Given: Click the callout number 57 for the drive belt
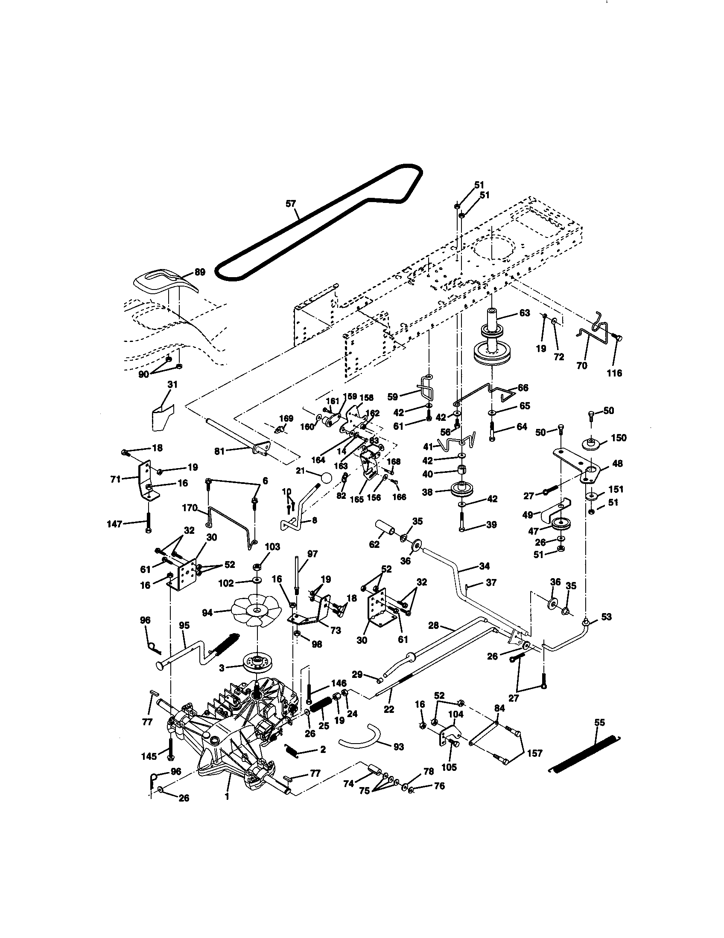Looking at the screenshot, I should pyautogui.click(x=291, y=203).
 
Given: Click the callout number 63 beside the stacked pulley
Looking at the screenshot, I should pyautogui.click(x=525, y=313).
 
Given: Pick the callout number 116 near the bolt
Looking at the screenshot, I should pyautogui.click(x=614, y=373).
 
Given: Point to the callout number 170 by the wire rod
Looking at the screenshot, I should pyautogui.click(x=189, y=509).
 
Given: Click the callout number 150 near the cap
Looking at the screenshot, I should pyautogui.click(x=618, y=437).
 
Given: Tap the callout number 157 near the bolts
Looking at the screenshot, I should pyautogui.click(x=534, y=753).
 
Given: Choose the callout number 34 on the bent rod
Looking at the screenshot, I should pyautogui.click(x=484, y=566).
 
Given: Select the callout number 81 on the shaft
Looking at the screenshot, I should pyautogui.click(x=219, y=452).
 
